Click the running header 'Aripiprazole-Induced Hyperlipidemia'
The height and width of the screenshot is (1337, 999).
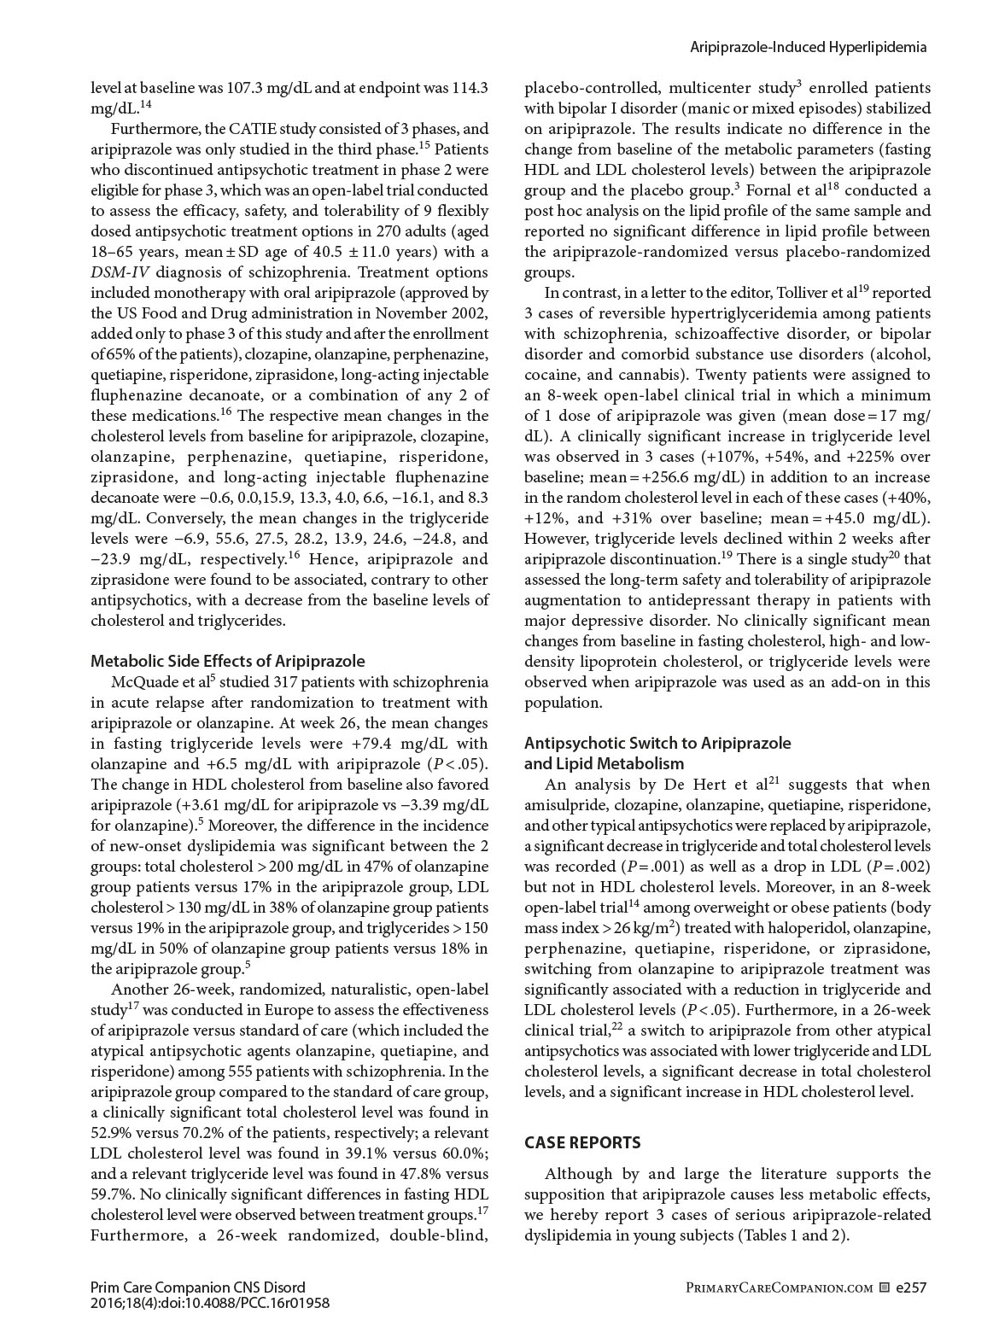808,48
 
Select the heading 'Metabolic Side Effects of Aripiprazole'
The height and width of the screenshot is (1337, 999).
228,661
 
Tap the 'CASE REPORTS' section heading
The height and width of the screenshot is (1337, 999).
582,1142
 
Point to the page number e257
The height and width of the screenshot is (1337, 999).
911,1287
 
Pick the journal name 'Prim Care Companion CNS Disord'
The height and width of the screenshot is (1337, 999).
197,1287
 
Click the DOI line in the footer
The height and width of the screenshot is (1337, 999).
210,1303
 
